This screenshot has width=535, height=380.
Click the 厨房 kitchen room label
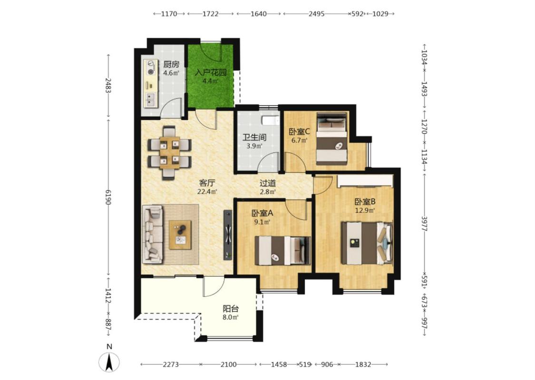pos(171,65)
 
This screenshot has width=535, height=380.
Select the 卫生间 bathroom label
pos(254,137)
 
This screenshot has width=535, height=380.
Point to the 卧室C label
pos(299,131)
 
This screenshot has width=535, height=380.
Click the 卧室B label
pos(365,201)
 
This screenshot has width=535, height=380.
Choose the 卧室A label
pos(263,213)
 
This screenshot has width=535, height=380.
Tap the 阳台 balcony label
pos(231,309)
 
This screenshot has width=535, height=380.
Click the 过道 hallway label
pos(268,183)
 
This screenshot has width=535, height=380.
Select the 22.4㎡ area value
pos(207,191)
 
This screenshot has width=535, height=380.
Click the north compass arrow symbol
pos(109,362)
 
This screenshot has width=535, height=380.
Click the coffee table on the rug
pos(181,235)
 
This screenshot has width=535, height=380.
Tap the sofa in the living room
pos(153,235)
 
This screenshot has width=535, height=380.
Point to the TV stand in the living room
pos(228,235)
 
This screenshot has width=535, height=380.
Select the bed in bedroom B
pos(367,243)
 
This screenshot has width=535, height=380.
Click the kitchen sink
pos(150,100)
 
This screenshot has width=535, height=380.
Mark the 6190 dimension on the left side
pos(108,198)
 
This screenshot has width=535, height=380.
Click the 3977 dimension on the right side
pos(425,224)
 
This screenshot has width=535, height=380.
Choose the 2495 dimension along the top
pos(316,14)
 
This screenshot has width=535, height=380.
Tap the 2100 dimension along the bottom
pos(228,364)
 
